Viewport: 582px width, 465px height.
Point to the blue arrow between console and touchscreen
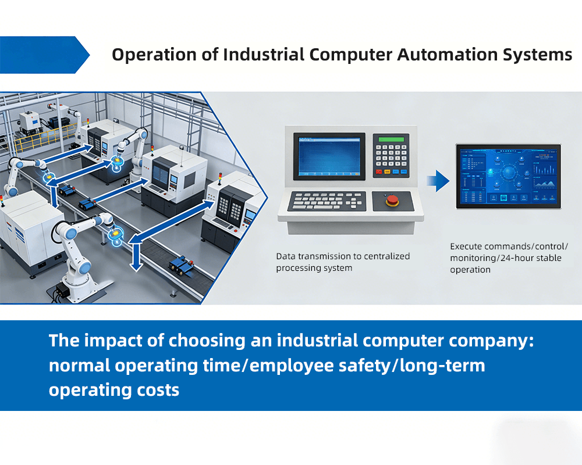point(437,180)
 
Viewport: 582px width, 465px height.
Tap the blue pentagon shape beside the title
point(44,55)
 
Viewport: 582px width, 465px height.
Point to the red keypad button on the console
point(379,172)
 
